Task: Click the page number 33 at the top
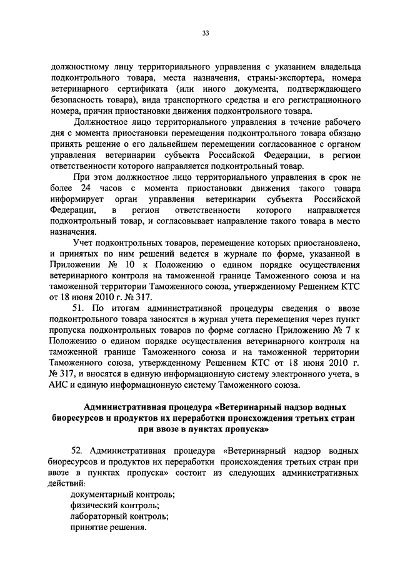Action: (x=205, y=33)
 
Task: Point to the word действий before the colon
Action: (x=71, y=483)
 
